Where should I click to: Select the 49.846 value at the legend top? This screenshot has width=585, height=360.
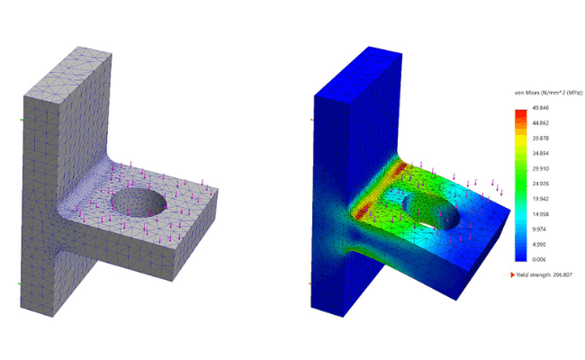point(541,107)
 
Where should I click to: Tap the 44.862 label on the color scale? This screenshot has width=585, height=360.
point(541,122)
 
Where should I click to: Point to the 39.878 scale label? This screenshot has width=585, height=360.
point(541,138)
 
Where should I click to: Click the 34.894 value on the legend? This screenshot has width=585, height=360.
point(541,153)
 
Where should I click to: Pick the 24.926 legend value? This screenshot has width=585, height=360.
point(541,183)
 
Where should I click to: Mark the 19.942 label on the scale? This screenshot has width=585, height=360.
point(541,198)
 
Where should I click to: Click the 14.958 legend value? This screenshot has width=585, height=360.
point(541,213)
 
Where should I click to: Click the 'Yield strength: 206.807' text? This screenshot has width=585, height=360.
point(548,274)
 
